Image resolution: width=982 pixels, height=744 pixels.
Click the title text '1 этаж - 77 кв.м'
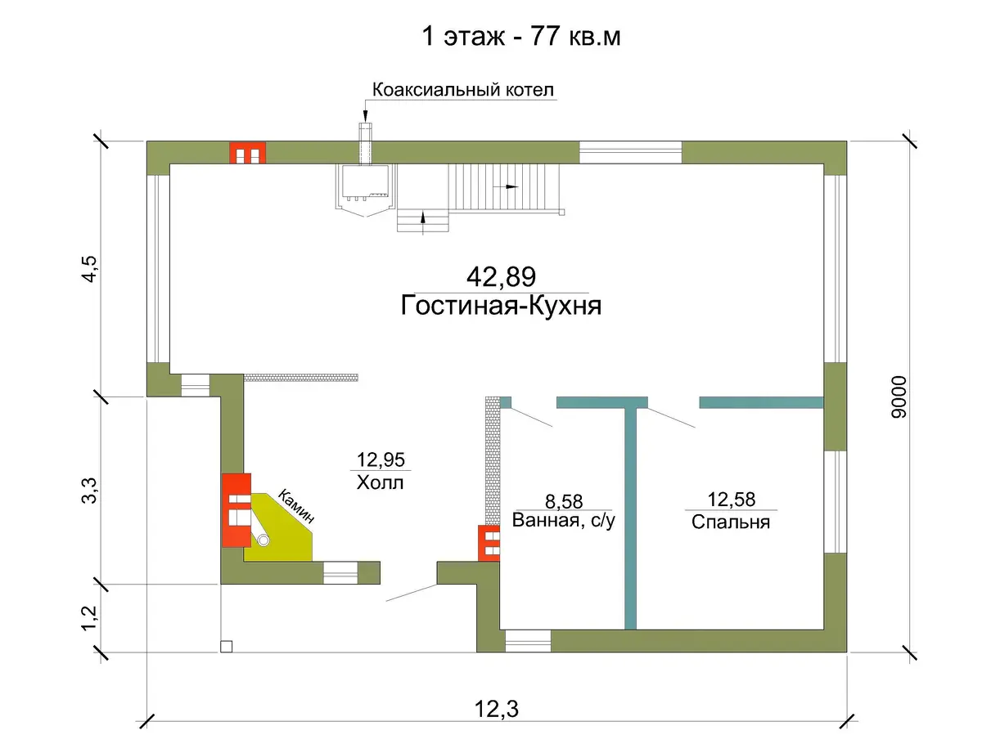pos(520,36)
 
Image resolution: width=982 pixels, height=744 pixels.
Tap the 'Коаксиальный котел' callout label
pos(463,89)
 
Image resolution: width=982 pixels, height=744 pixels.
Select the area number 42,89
pos(501,277)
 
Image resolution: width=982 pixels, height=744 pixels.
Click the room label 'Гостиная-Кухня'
pos(501,306)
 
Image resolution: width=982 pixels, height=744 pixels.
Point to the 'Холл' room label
pos(380,482)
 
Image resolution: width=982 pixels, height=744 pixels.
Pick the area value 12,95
pos(381,459)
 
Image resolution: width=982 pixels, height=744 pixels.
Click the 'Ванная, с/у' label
pos(564,521)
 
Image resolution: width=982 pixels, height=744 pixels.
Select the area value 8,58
pos(564,501)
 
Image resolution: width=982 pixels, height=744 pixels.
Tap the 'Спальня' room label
pos(731,522)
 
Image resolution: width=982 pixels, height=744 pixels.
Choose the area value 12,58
pos(731,499)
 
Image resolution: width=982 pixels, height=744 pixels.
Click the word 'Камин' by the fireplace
pos(296,506)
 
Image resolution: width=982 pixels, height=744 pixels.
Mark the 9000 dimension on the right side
pos(899,397)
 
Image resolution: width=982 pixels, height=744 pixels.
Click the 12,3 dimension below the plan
pos(497,709)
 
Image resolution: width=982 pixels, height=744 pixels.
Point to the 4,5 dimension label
pos(88,268)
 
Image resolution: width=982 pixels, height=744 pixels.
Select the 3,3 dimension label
pos(88,491)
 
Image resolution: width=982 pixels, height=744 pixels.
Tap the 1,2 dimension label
pos(88,618)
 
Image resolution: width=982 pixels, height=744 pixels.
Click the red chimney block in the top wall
pos(247,153)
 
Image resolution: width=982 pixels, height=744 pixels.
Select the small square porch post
pos(227,646)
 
